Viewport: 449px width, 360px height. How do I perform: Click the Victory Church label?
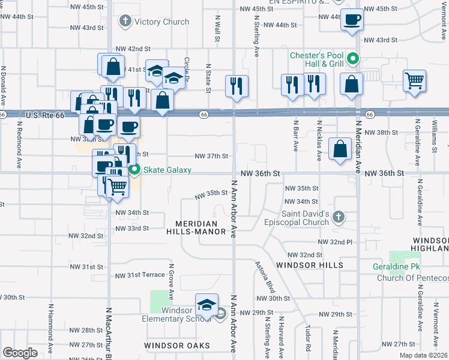pos(161,22)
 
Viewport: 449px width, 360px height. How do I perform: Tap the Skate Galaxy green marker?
pos(135,170)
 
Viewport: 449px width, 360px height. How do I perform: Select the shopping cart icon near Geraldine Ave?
pos(415,81)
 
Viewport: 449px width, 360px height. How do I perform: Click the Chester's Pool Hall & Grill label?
pos(316,59)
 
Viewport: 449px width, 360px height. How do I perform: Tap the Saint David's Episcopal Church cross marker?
pos(339,217)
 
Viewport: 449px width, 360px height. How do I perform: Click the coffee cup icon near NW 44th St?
pos(351,19)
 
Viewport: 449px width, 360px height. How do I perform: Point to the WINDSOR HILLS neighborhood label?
pos(310,265)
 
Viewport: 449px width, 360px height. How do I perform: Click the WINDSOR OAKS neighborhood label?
pos(177,346)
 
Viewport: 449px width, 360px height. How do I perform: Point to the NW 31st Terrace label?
pos(139,274)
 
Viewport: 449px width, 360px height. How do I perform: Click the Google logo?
pos(19,353)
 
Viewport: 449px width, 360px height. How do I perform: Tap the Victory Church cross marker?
pos(125,22)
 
